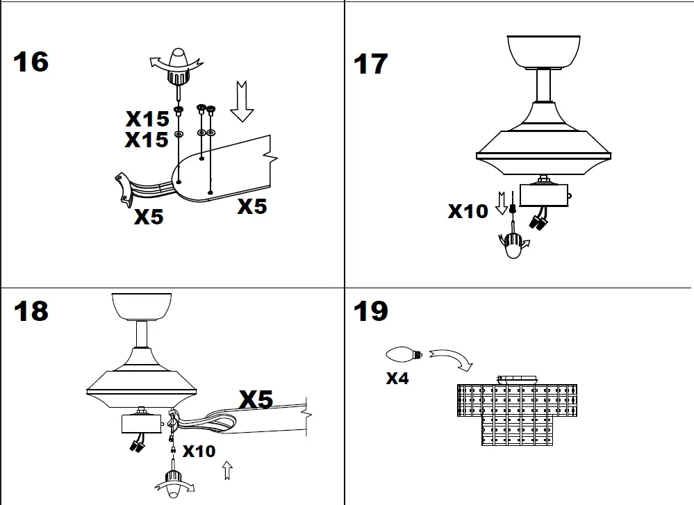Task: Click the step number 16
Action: [31, 62]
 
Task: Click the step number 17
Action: [370, 64]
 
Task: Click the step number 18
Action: [31, 311]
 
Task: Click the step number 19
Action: [370, 311]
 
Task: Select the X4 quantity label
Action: [397, 379]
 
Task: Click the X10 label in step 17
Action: [468, 211]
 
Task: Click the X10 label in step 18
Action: [199, 452]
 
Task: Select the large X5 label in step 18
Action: [256, 399]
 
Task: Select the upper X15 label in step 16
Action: [147, 118]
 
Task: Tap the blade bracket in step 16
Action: [125, 189]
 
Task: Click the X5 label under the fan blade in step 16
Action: [251, 206]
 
